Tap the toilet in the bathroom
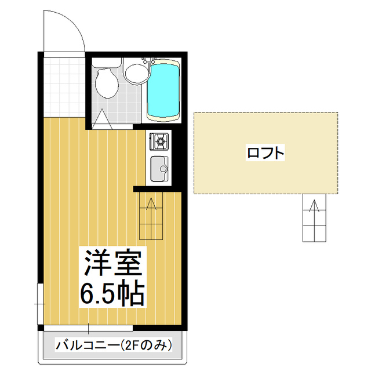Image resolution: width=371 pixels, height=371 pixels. pos(107,84)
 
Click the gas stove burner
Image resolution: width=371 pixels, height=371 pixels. pos(160,139)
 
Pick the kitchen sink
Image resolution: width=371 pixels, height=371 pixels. pos(159,169)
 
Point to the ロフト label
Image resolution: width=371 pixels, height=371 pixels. pos(265,153)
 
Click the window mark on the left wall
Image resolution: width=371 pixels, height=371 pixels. pos(39,303)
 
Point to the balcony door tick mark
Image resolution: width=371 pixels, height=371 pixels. pos(88,329)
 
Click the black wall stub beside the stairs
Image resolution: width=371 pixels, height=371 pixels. pos(139,189)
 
